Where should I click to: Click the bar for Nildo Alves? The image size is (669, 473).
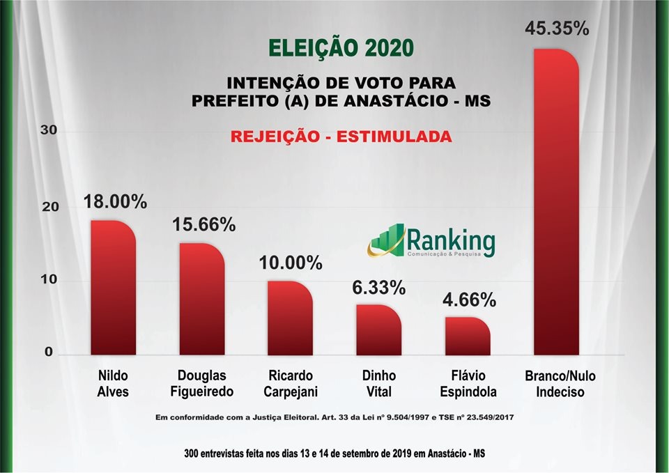pyautogui.click(x=114, y=288)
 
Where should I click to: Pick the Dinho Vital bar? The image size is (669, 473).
pyautogui.click(x=378, y=329)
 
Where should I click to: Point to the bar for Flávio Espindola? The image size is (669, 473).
pyautogui.click(x=468, y=336)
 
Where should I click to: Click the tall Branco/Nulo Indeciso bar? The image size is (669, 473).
pyautogui.click(x=557, y=202)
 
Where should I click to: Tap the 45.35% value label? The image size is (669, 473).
pyautogui.click(x=557, y=29)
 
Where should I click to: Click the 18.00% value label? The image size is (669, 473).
pyautogui.click(x=115, y=202)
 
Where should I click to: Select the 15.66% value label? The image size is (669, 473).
pyautogui.click(x=203, y=225)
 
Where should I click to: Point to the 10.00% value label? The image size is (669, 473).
pyautogui.click(x=291, y=263)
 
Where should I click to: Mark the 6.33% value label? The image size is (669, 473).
pyautogui.click(x=379, y=288)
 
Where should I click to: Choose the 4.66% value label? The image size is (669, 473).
pyautogui.click(x=469, y=300)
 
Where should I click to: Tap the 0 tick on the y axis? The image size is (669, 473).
pyautogui.click(x=49, y=352)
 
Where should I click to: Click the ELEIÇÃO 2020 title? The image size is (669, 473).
pyautogui.click(x=341, y=48)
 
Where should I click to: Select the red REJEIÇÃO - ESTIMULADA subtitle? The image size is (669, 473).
pyautogui.click(x=341, y=137)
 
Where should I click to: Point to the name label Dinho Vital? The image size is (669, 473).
pyautogui.click(x=379, y=384)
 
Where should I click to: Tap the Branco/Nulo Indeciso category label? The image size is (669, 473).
pyautogui.click(x=560, y=384)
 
